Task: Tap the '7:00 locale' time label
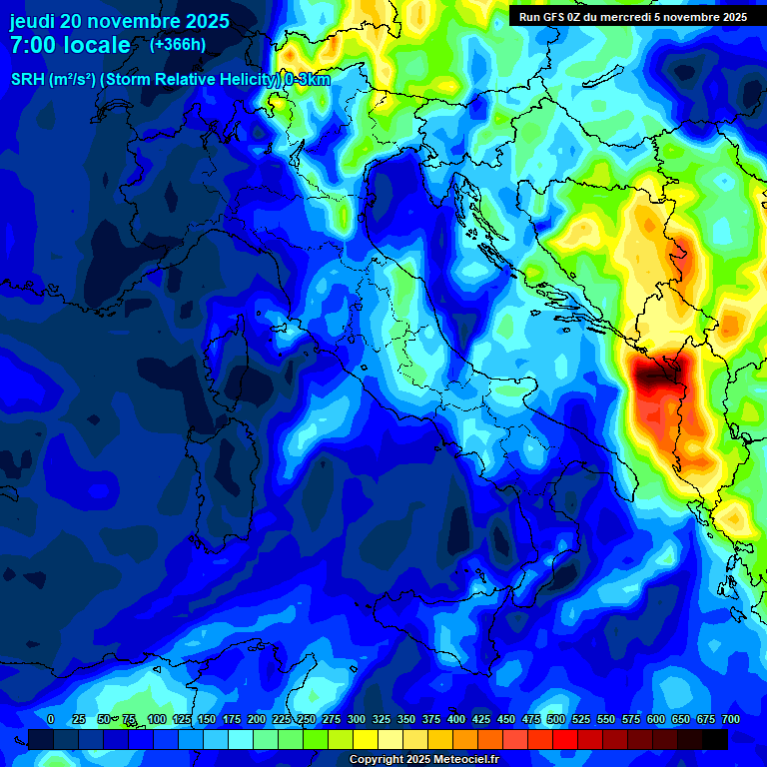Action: [70, 45]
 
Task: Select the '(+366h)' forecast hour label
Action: [178, 45]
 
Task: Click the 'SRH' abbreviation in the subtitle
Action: [28, 80]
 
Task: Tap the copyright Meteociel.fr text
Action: [423, 760]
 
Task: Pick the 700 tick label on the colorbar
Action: [731, 720]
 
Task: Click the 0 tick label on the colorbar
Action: [51, 720]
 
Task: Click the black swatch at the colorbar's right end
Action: [715, 740]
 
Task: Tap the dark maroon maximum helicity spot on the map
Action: [655, 376]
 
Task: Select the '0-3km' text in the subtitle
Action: [308, 80]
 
